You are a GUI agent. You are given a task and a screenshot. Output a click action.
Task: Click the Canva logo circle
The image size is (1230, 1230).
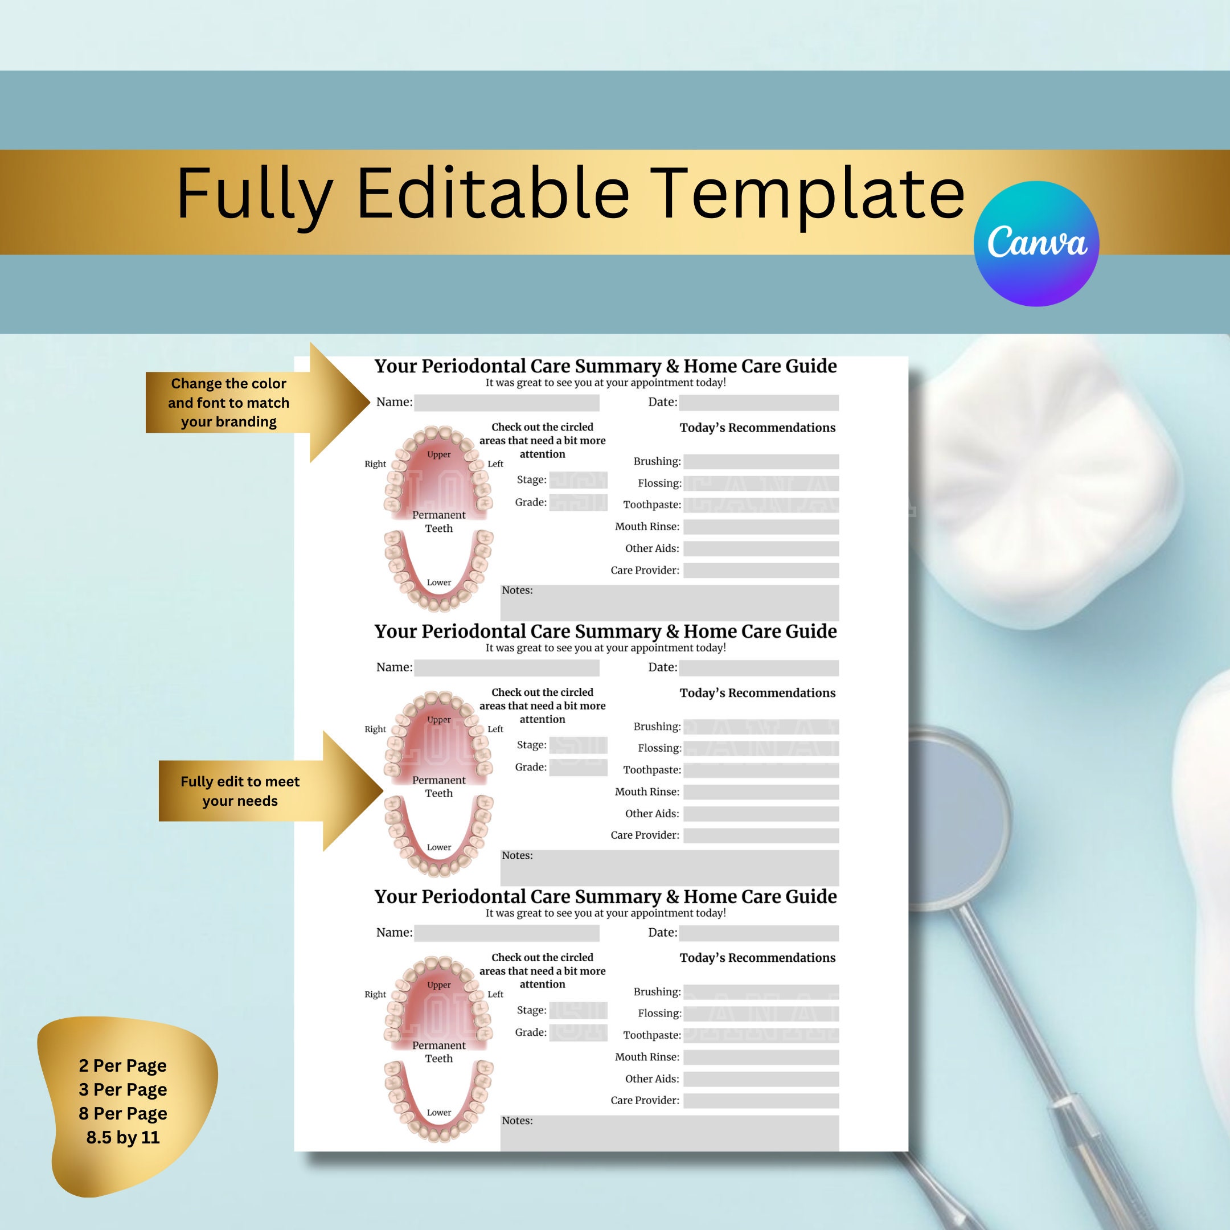click(1036, 243)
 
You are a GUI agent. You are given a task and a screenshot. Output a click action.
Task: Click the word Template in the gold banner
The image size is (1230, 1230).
click(809, 194)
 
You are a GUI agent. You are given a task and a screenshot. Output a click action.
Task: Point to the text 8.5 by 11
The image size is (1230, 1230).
click(123, 1137)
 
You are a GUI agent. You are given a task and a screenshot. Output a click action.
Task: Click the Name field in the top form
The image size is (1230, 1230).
click(506, 403)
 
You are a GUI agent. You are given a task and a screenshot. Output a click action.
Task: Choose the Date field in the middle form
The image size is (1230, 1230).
click(758, 668)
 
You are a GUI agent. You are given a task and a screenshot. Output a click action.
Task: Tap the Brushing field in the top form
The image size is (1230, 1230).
click(761, 462)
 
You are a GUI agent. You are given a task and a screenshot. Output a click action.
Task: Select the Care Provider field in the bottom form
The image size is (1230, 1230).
click(761, 1101)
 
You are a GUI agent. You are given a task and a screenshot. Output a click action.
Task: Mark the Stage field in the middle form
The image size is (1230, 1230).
click(578, 745)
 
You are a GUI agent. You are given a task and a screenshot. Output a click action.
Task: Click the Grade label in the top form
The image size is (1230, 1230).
click(530, 502)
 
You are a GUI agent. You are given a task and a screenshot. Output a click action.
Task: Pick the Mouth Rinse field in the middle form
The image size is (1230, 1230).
click(761, 792)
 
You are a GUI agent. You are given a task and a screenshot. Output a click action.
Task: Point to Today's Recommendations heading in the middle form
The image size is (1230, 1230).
click(757, 692)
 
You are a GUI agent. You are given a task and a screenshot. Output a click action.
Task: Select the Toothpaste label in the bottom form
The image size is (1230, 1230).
click(651, 1035)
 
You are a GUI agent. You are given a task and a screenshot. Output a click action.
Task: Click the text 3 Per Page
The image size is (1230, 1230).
click(123, 1089)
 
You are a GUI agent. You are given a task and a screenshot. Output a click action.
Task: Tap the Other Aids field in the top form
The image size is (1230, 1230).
click(761, 548)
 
